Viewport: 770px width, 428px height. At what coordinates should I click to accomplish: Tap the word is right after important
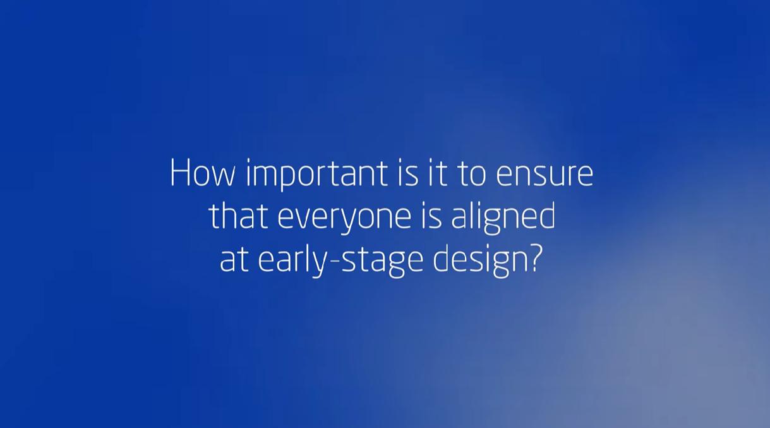(x=408, y=173)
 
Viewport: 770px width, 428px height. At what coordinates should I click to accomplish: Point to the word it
(x=437, y=173)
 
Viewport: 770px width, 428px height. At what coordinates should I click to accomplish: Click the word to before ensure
(x=472, y=174)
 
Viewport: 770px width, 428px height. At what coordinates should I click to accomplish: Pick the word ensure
(x=544, y=175)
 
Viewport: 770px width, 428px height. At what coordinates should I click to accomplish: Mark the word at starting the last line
(x=234, y=259)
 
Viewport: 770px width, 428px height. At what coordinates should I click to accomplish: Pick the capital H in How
(x=180, y=173)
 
